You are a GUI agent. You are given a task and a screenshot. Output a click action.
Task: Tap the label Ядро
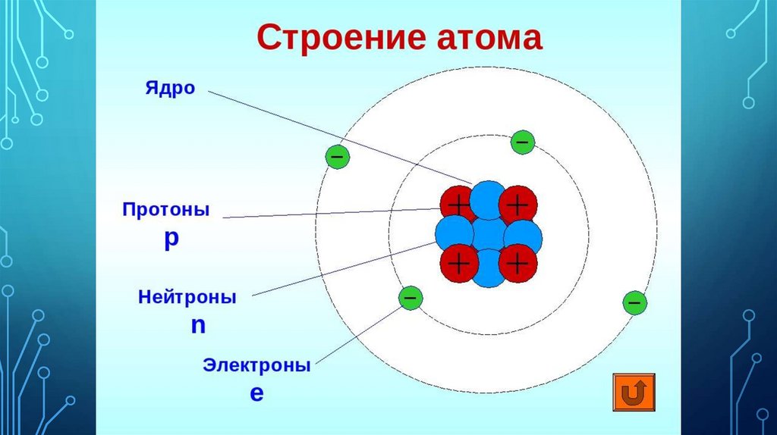click(170, 88)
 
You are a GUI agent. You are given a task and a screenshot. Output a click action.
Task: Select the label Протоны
click(166, 208)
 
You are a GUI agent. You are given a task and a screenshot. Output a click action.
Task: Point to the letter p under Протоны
click(171, 237)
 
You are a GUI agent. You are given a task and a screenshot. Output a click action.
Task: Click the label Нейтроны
click(187, 297)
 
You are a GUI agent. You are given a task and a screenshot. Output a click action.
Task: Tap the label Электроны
click(256, 365)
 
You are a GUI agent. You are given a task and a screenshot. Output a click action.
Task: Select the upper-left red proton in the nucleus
click(458, 204)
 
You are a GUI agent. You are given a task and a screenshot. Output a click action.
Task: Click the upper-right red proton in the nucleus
click(518, 204)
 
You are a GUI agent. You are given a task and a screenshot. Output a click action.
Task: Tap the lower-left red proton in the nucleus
click(458, 263)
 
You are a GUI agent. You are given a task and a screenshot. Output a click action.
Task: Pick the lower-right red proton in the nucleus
click(518, 263)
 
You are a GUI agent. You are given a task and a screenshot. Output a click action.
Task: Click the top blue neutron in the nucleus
click(487, 199)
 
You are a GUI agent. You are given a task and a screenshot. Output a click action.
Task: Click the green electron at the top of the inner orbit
click(522, 142)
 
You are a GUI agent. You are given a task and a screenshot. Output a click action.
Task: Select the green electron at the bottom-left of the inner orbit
click(410, 298)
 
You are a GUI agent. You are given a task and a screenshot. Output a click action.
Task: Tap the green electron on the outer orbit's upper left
click(337, 157)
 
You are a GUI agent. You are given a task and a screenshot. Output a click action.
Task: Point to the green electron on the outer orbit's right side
click(634, 303)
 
